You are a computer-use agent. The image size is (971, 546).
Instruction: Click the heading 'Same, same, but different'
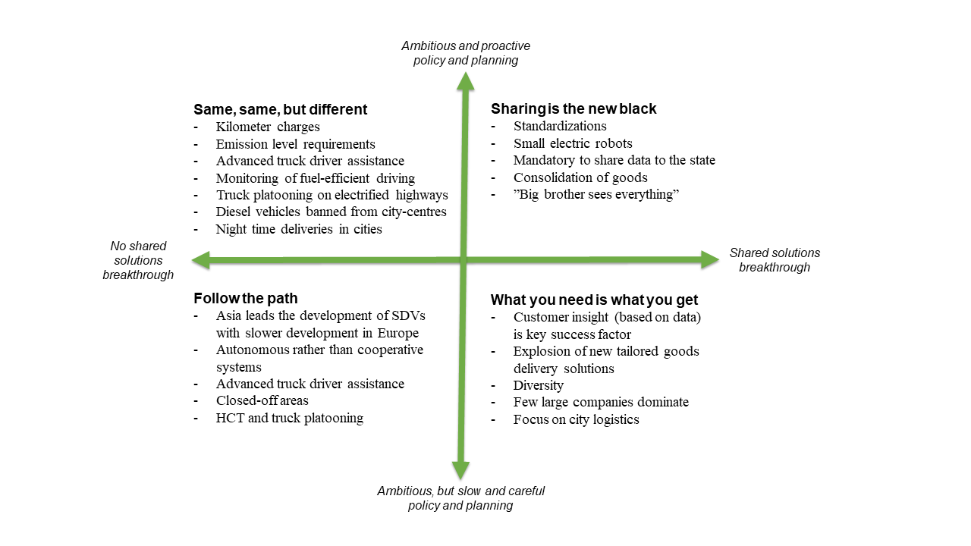pos(280,109)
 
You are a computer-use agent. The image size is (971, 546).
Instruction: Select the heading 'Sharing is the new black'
pos(573,108)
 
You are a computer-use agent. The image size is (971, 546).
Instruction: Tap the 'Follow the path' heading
pos(245,298)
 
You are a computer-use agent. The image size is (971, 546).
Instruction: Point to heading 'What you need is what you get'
pos(594,300)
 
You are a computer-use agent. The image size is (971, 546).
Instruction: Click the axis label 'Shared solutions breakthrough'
pos(775,260)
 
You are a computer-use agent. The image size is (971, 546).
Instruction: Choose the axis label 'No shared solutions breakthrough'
pos(138,260)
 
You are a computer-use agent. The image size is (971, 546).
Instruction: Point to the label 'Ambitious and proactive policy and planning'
pos(466,53)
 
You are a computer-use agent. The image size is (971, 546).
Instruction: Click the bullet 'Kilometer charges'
pos(268,127)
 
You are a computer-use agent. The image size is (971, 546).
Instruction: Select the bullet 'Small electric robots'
pos(572,143)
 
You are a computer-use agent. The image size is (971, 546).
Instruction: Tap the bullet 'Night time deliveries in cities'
pos(298,229)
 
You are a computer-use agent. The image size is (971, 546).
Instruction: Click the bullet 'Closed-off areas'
pos(262,400)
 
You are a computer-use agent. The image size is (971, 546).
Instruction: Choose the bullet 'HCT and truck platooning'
pos(289,418)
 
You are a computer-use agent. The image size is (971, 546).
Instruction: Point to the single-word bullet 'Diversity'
pos(538,385)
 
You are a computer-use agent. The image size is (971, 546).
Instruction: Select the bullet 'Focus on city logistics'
pos(576,419)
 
